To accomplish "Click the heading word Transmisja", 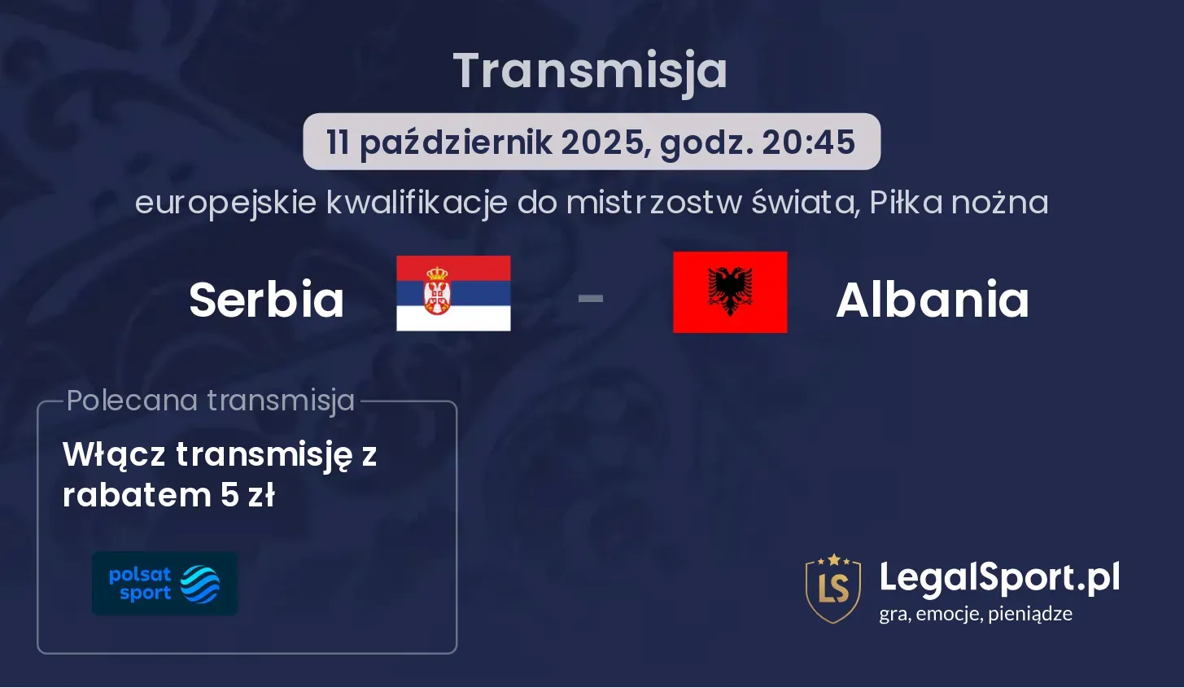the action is click(x=591, y=72).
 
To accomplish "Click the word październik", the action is click(x=457, y=143).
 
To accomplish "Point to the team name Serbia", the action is click(x=266, y=300).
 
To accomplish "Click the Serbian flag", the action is click(x=453, y=293).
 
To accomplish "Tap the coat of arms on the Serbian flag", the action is click(x=437, y=290).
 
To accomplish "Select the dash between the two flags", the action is click(x=591, y=299).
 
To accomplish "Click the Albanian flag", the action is click(x=730, y=292).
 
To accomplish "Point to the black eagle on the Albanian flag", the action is click(x=730, y=291).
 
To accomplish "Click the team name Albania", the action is click(x=933, y=300).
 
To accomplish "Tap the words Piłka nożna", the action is click(x=959, y=203).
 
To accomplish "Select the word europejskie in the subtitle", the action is click(x=225, y=204).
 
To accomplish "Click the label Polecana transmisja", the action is click(x=211, y=401).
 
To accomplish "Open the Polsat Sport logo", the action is click(x=165, y=583).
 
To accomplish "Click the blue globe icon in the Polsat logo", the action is click(x=200, y=585).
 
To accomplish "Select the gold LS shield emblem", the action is click(x=833, y=589).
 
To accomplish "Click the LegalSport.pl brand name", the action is click(x=999, y=578).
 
